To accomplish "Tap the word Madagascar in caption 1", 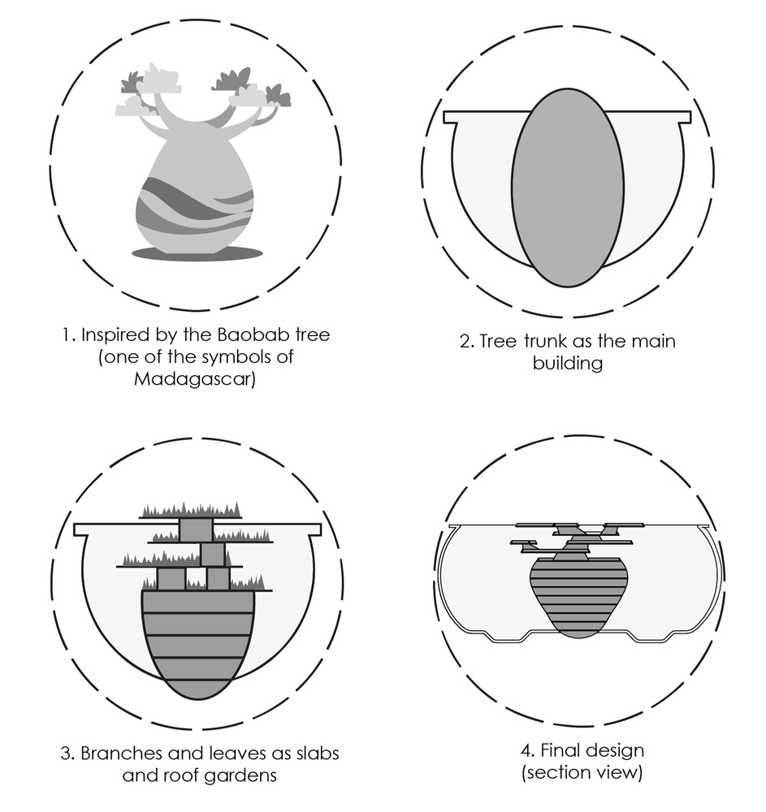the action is tap(195, 379).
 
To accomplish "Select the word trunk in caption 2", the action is tap(546, 341).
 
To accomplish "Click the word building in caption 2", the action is tap(568, 363).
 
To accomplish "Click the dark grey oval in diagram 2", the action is tap(568, 188).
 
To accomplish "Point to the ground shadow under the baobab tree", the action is tap(197, 253).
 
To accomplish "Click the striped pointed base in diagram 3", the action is tap(198, 645).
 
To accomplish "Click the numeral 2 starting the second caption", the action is tap(465, 342).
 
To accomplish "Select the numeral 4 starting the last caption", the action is tap(526, 751).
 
